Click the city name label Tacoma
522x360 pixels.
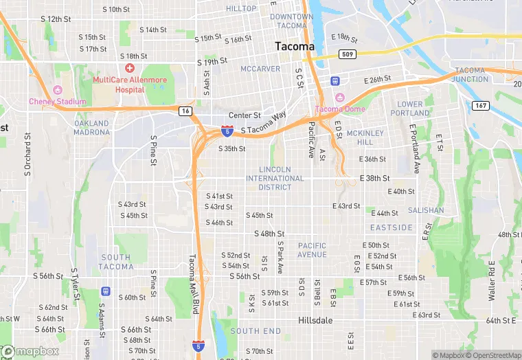click(x=294, y=46)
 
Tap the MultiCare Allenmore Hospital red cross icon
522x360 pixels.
click(x=130, y=68)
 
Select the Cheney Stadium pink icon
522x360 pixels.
click(x=57, y=90)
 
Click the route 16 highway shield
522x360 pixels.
click(x=185, y=110)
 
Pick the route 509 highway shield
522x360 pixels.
click(x=348, y=54)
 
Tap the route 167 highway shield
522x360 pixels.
click(x=480, y=105)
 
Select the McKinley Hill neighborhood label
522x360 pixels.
click(x=360, y=137)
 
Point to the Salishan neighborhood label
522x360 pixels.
click(x=426, y=210)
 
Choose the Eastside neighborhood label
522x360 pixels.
click(x=391, y=227)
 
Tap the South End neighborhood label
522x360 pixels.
click(x=255, y=331)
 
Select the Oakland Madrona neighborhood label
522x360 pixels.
click(x=91, y=128)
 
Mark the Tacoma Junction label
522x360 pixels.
click(x=470, y=74)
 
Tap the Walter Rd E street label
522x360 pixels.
click(x=492, y=280)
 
